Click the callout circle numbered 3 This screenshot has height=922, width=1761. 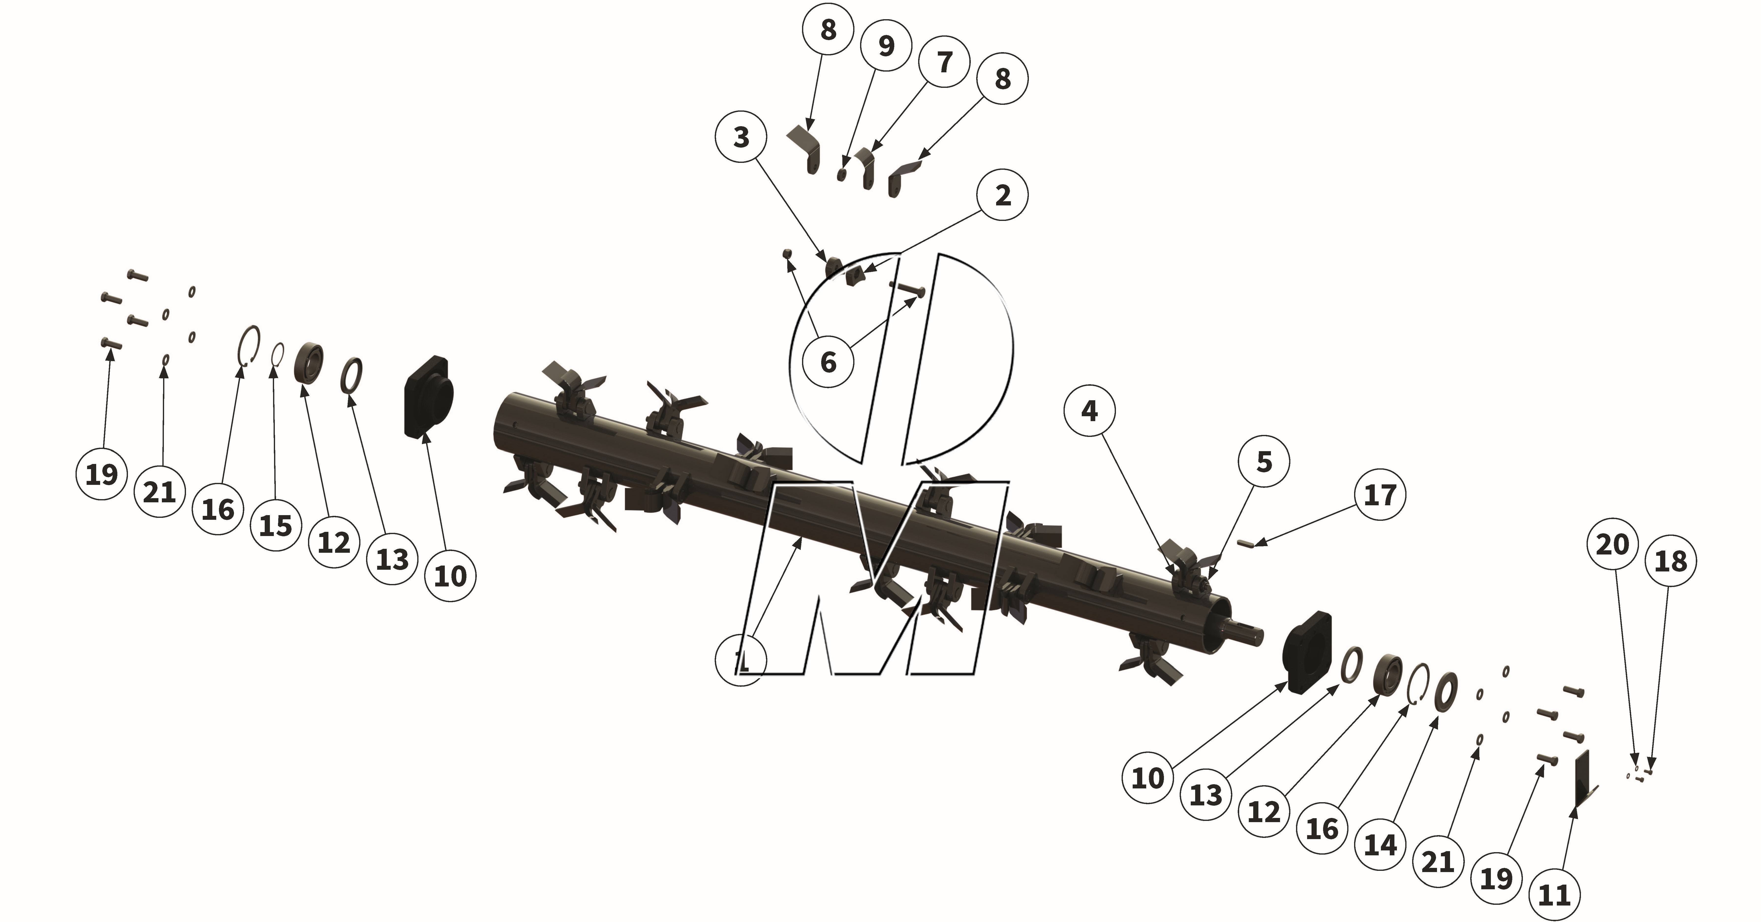742,137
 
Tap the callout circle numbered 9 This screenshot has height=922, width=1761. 886,46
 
